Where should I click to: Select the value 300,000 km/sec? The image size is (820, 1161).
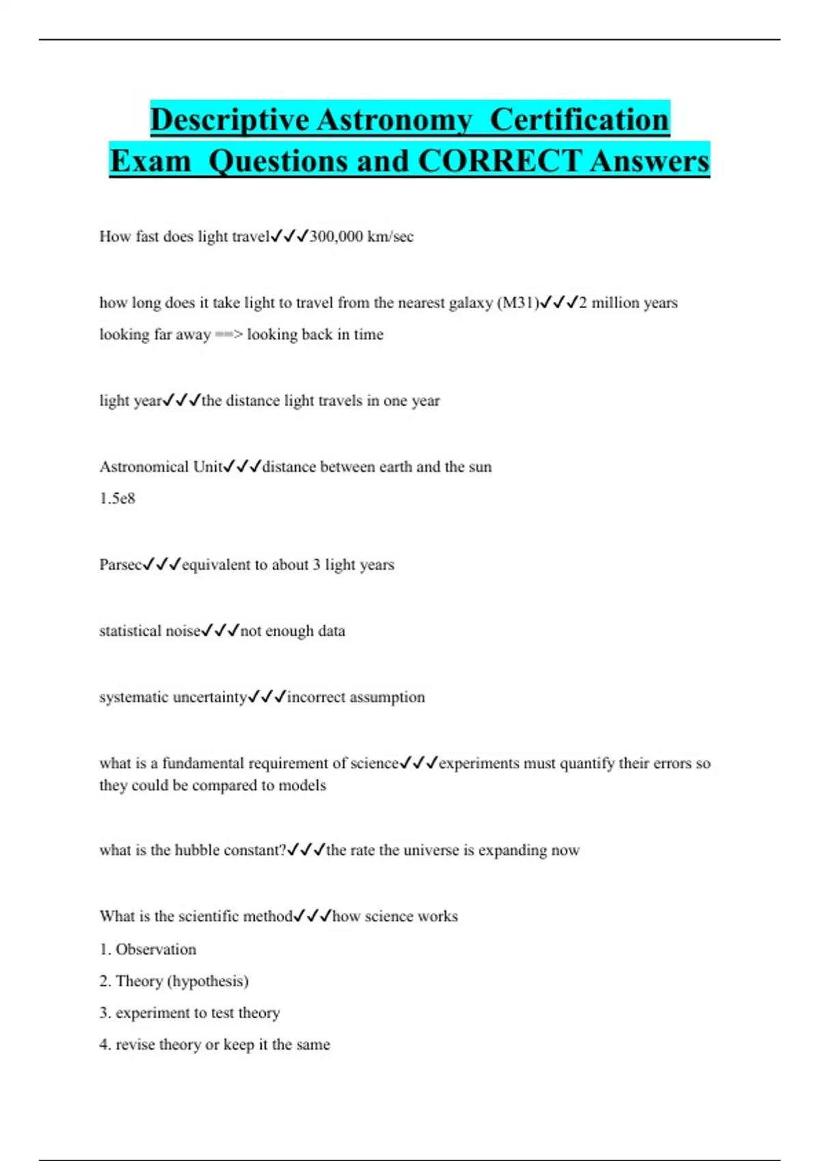pyautogui.click(x=361, y=237)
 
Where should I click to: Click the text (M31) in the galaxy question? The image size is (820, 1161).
pyautogui.click(x=518, y=303)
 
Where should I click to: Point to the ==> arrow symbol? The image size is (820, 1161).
pyautogui.click(x=229, y=335)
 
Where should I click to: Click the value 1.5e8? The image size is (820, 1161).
pyautogui.click(x=118, y=499)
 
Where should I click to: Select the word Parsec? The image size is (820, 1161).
pyautogui.click(x=120, y=565)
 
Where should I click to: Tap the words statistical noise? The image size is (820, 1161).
pyautogui.click(x=150, y=631)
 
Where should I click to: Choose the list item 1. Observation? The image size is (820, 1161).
pyautogui.click(x=148, y=949)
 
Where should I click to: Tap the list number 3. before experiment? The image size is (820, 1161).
pyautogui.click(x=105, y=1013)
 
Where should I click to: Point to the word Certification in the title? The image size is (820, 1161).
pyautogui.click(x=579, y=120)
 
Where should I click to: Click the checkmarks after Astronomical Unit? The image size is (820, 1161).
pyautogui.click(x=243, y=467)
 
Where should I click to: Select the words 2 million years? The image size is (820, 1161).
pyautogui.click(x=628, y=303)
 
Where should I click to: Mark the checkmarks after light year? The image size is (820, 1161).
pyautogui.click(x=182, y=401)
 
